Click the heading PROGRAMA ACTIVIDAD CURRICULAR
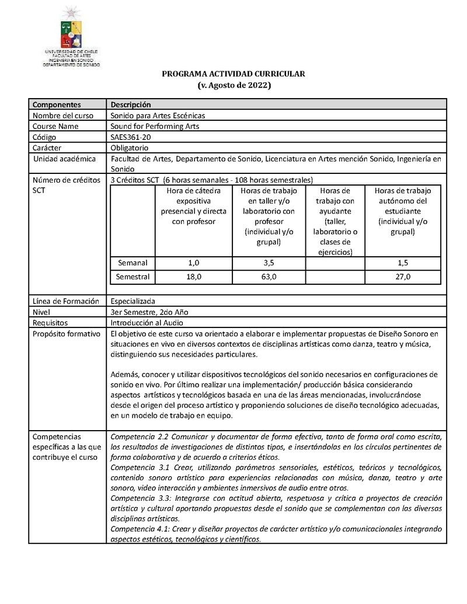point(233,74)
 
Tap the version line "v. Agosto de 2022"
point(233,85)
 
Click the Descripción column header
point(131,104)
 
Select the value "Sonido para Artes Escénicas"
point(158,116)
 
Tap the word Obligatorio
point(130,148)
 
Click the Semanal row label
point(133,263)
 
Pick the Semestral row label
point(133,277)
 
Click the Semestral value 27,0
point(402,277)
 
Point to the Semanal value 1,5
point(402,263)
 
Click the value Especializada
point(133,301)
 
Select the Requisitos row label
point(50,323)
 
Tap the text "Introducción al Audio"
point(147,323)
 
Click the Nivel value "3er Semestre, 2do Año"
point(149,312)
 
